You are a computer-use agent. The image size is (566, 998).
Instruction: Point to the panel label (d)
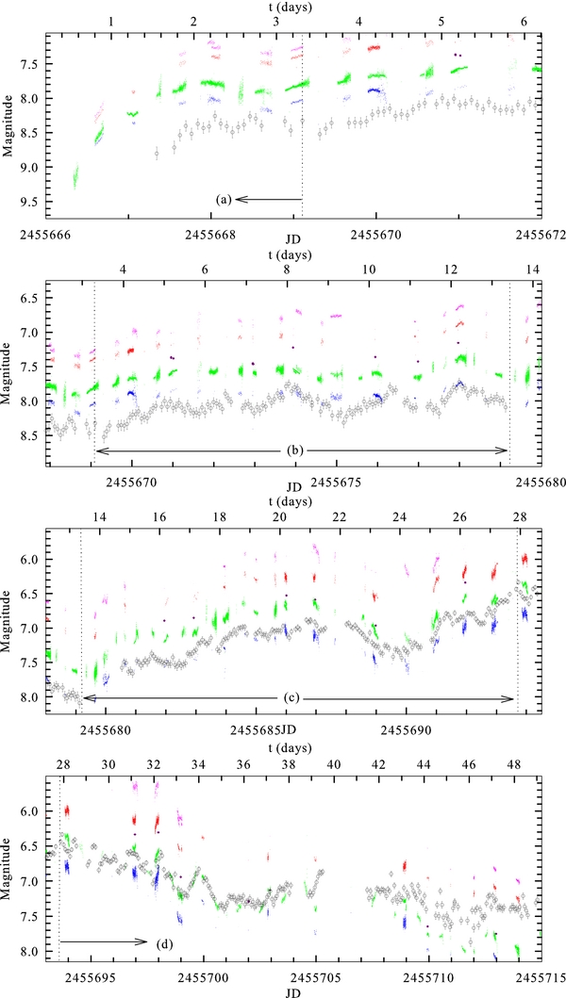(162, 941)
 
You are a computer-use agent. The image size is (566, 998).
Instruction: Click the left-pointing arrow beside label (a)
(269, 199)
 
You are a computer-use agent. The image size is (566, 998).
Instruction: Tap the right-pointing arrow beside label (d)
(104, 941)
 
